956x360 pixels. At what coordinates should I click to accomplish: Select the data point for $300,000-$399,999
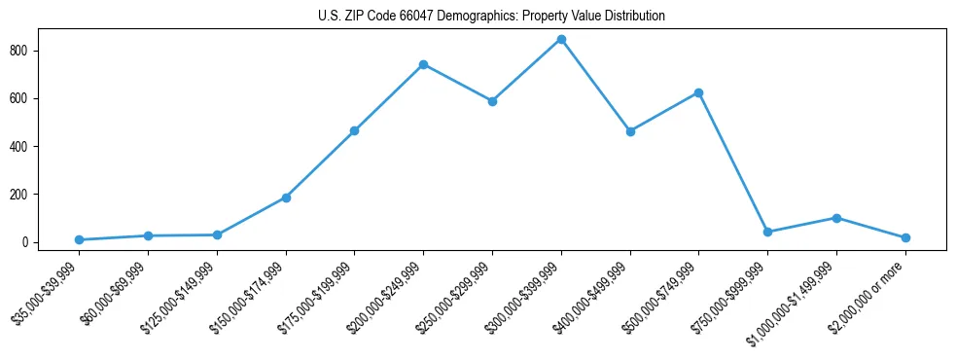(561, 40)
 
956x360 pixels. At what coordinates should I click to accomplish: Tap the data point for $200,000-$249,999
(423, 64)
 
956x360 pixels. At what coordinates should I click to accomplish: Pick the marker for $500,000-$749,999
(698, 92)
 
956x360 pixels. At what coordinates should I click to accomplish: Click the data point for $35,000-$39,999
(79, 239)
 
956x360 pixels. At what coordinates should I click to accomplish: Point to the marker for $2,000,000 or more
(905, 237)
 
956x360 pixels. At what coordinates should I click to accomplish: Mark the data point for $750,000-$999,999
(767, 232)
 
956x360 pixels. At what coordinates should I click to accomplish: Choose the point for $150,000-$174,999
(286, 198)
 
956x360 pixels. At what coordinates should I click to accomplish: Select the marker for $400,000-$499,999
(630, 131)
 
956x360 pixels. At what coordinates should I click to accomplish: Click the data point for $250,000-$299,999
(492, 101)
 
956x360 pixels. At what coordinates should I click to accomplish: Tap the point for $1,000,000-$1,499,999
(836, 218)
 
